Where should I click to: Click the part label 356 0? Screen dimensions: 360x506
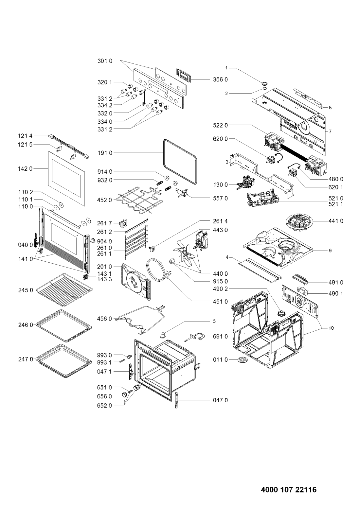pyautogui.click(x=220, y=79)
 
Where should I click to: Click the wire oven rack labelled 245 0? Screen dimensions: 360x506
pyautogui.click(x=64, y=290)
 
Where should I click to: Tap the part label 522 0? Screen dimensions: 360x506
pyautogui.click(x=220, y=125)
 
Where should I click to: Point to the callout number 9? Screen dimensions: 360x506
pyautogui.click(x=330, y=251)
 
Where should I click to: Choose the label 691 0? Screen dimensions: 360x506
pyautogui.click(x=220, y=336)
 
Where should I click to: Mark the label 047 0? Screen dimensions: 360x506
pyautogui.click(x=220, y=400)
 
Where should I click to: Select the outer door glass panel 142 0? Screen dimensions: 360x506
pyautogui.click(x=67, y=179)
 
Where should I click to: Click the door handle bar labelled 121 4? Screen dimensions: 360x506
pyautogui.click(x=68, y=147)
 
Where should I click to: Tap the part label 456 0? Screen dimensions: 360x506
pyautogui.click(x=105, y=319)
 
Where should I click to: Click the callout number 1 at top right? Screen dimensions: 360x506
pyautogui.click(x=226, y=68)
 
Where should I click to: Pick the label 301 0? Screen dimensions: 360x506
pyautogui.click(x=105, y=61)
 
